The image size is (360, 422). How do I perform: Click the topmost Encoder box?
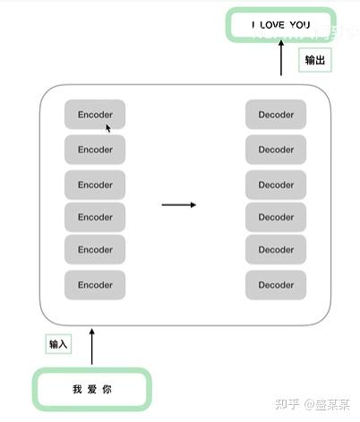[x=95, y=115]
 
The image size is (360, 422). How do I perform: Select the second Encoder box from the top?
[x=95, y=149]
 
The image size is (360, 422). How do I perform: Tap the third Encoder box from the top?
[x=95, y=185]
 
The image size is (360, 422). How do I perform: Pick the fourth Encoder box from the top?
[x=95, y=217]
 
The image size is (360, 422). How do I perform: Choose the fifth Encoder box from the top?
[x=95, y=250]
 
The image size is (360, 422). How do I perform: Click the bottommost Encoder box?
[x=95, y=285]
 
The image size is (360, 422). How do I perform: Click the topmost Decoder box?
[x=276, y=115]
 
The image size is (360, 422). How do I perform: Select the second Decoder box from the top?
[x=276, y=149]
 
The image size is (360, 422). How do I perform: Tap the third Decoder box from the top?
[x=276, y=185]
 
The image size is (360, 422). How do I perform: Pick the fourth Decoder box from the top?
[x=276, y=217]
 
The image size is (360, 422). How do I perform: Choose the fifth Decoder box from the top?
[x=276, y=250]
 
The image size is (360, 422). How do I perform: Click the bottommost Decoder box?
[x=276, y=285]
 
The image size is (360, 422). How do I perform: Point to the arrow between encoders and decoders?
[x=178, y=205]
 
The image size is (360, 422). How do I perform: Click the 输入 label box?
[x=58, y=344]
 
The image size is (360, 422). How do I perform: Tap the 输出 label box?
[x=314, y=60]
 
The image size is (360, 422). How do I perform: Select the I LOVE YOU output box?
[x=280, y=25]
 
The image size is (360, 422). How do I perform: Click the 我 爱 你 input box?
[x=92, y=389]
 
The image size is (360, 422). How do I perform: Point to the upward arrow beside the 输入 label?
[x=92, y=346]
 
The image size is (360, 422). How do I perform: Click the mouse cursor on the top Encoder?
[x=108, y=128]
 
